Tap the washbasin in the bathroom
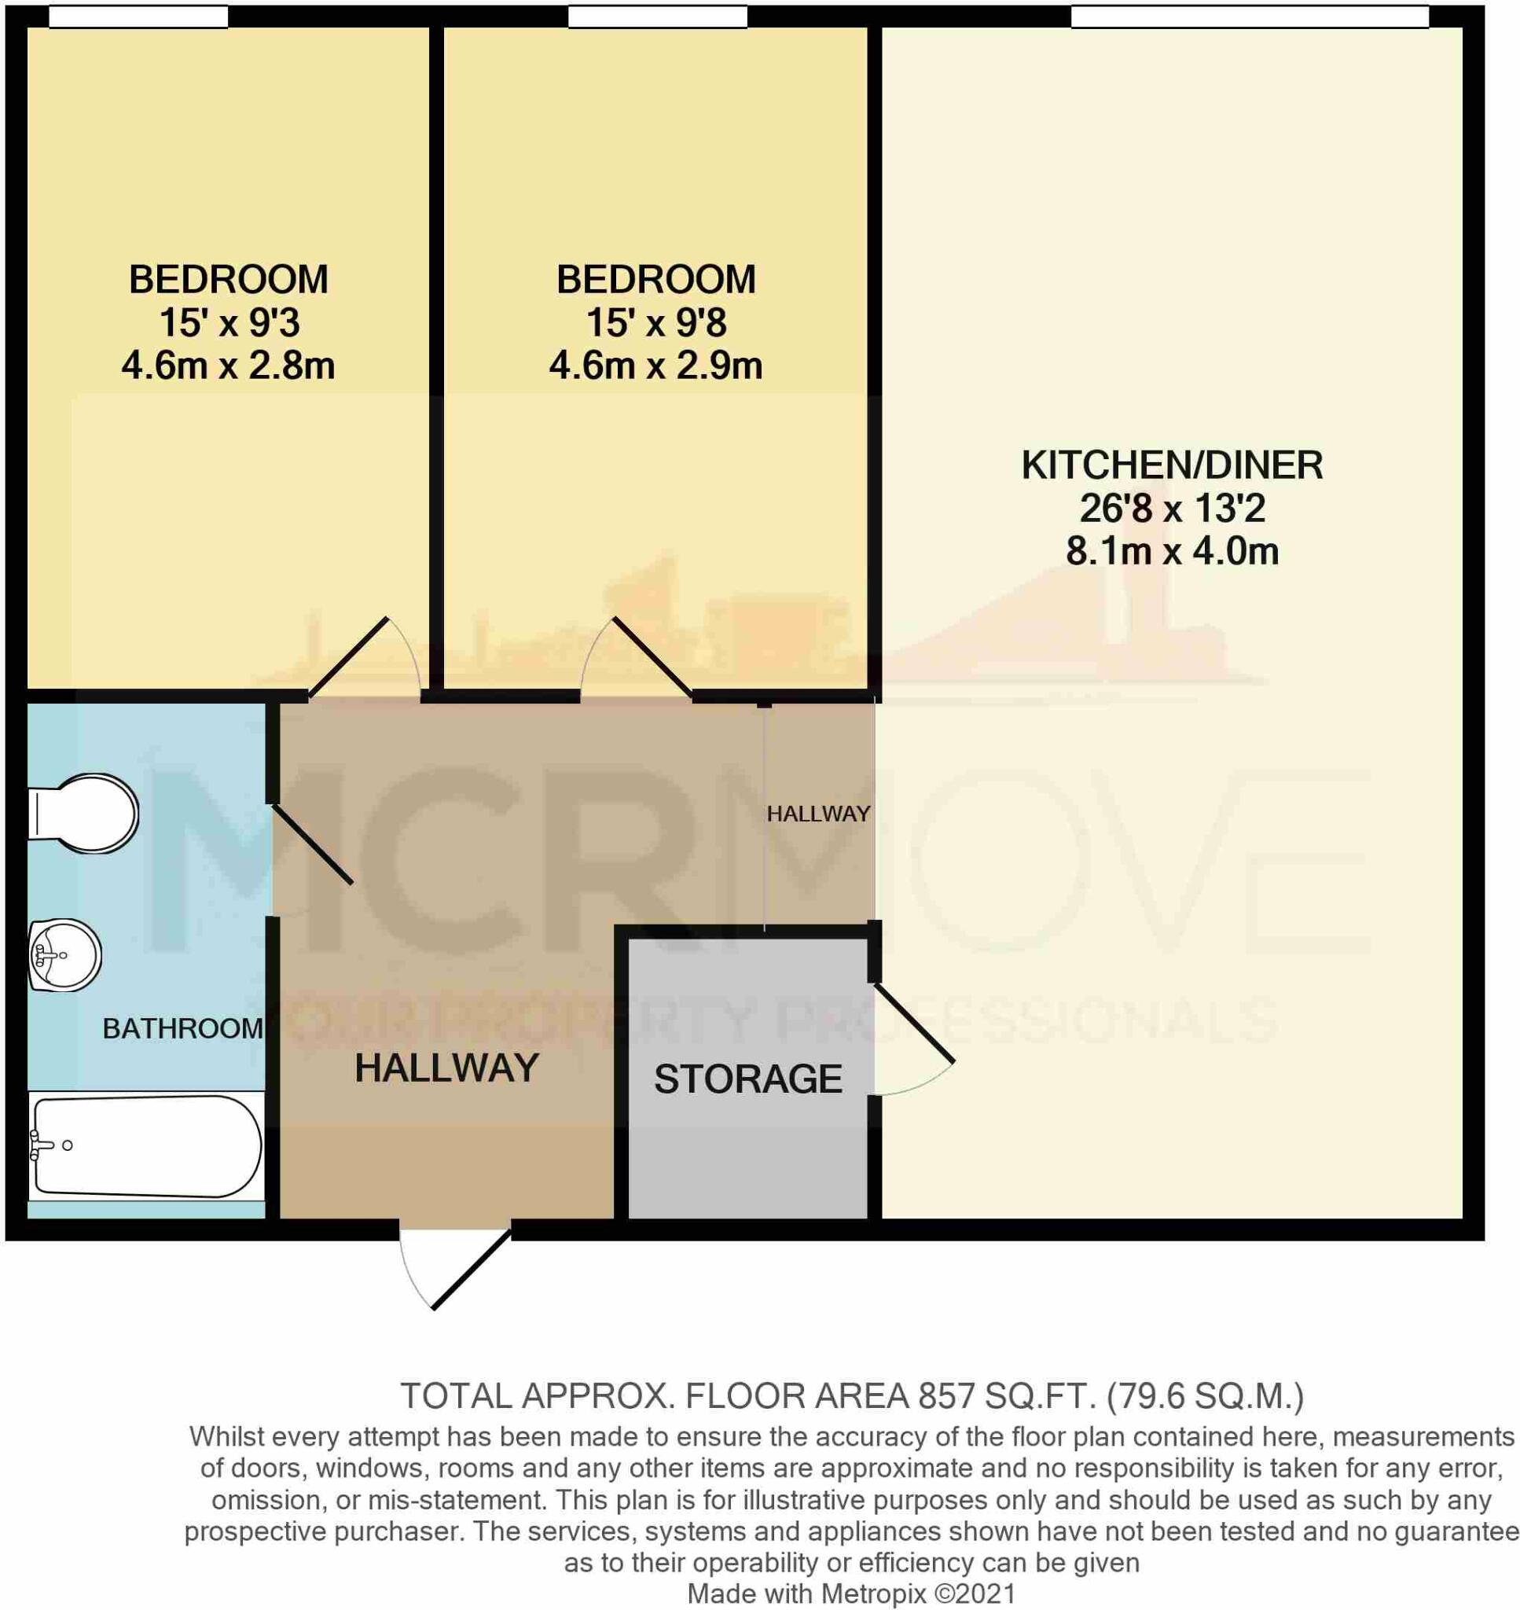[x=64, y=955]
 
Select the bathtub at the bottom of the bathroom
[x=146, y=1146]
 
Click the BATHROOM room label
[x=182, y=1029]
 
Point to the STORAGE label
[x=748, y=1079]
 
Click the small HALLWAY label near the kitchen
[x=818, y=814]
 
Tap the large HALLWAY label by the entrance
[x=446, y=1068]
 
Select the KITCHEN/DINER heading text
[x=1172, y=465]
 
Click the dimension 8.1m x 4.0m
[x=1172, y=552]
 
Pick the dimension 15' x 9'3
[x=229, y=322]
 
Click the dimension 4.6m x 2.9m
[x=655, y=366]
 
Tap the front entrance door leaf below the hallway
[x=472, y=1269]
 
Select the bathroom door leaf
[x=312, y=844]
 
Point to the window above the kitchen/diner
[x=1249, y=17]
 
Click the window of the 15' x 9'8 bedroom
[x=657, y=17]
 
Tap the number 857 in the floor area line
[x=946, y=1397]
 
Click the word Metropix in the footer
[x=874, y=1593]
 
